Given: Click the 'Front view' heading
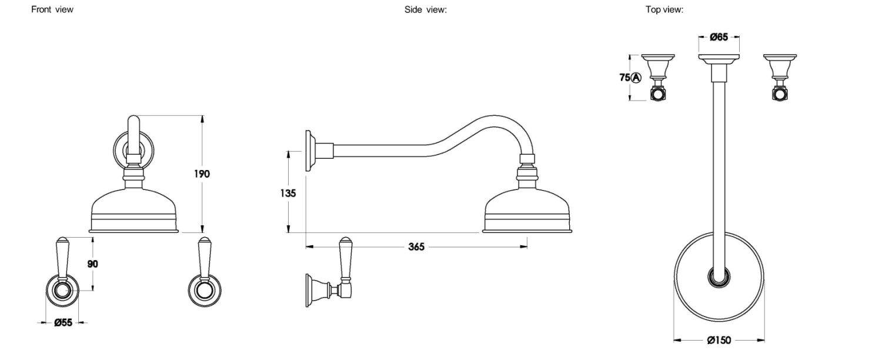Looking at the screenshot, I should click(52, 9).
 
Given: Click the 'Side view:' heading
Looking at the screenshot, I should click(426, 9).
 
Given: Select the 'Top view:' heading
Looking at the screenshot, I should click(664, 9).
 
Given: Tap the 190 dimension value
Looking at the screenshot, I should click(202, 174).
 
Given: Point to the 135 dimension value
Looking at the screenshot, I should click(288, 193).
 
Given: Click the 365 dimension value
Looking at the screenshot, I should click(416, 247).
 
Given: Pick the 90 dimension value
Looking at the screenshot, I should click(92, 264).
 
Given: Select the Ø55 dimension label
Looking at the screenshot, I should click(63, 322).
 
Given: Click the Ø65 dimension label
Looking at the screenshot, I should click(719, 37).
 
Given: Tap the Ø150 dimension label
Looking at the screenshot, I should click(719, 340).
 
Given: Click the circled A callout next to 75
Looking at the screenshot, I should click(636, 78).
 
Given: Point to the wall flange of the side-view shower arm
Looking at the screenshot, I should click(309, 151).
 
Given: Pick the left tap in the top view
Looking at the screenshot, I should click(657, 78).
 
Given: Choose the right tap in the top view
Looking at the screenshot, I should click(780, 78).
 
